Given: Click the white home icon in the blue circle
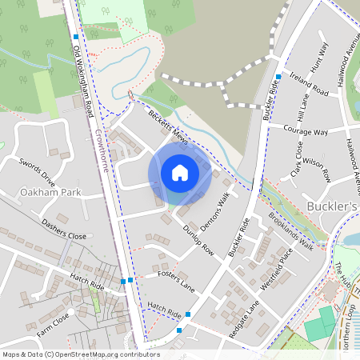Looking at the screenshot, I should coord(180,172).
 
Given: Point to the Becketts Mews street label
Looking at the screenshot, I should coord(168,128).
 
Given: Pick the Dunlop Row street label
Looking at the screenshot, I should coord(198,239).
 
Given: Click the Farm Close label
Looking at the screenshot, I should coord(52,318).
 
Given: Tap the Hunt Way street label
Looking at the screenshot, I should coord(322,57).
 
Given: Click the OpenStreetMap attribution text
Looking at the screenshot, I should coord(70,354).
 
